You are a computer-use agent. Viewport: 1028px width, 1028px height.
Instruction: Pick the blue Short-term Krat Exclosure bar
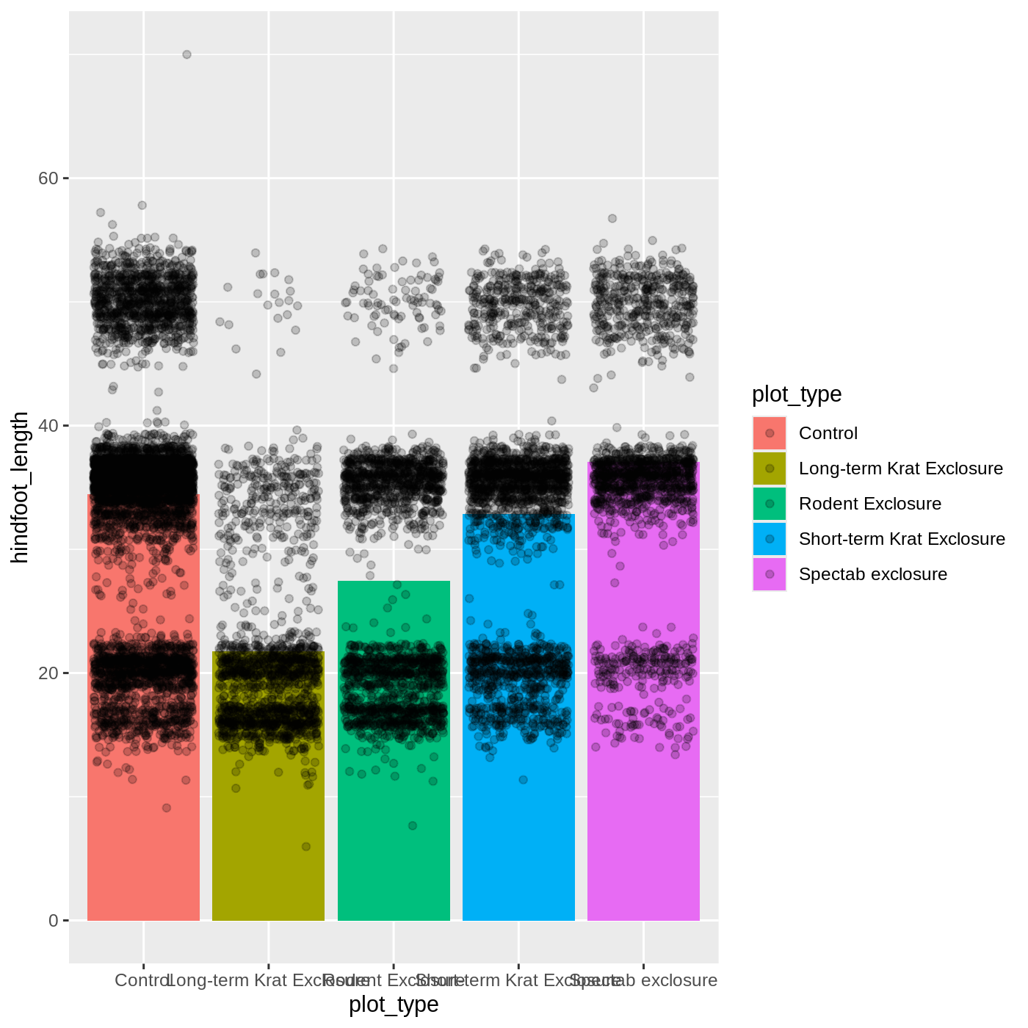click(x=518, y=844)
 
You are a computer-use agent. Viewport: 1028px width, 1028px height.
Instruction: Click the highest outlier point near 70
click(x=187, y=54)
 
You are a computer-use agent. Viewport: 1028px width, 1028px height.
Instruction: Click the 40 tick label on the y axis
click(x=48, y=426)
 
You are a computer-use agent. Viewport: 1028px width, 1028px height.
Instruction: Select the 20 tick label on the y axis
click(x=48, y=673)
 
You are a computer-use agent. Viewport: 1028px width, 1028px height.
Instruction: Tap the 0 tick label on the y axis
click(x=53, y=921)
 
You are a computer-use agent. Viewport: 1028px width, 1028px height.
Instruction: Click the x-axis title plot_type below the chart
click(x=394, y=1005)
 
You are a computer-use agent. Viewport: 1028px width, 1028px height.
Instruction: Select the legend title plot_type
click(x=797, y=394)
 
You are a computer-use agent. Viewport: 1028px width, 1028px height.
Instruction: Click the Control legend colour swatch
click(x=770, y=433)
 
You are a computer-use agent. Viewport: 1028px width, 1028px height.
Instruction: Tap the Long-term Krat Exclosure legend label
click(x=900, y=468)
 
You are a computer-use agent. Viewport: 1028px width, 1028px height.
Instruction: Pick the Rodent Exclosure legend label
click(x=869, y=504)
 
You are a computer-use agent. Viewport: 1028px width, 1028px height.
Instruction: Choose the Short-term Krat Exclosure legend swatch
click(x=770, y=539)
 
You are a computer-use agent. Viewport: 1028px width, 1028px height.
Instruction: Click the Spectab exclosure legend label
click(x=872, y=574)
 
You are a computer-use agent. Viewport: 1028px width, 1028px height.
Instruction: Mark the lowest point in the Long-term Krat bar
click(x=306, y=847)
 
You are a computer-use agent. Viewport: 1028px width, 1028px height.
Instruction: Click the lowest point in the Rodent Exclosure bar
click(x=413, y=826)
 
